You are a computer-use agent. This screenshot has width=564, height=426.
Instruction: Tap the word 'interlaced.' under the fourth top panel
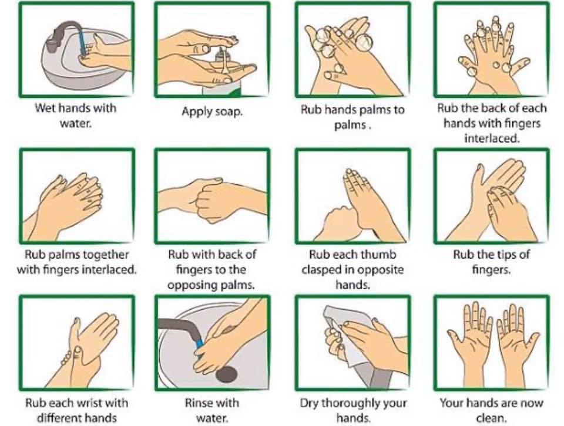pyautogui.click(x=492, y=138)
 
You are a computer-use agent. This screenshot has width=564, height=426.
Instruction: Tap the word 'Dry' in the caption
pyautogui.click(x=309, y=403)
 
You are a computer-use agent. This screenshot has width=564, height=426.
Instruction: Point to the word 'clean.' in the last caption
pyautogui.click(x=491, y=418)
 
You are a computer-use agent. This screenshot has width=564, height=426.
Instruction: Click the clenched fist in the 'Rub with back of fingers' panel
pyautogui.click(x=212, y=201)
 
